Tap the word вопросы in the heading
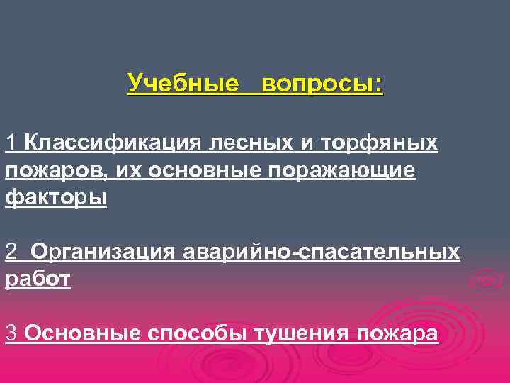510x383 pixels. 322,84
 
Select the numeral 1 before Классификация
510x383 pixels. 11,143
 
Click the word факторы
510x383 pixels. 56,196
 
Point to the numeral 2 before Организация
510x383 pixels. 11,251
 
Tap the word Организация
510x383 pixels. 103,252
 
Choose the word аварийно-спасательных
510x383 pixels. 321,251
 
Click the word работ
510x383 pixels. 38,278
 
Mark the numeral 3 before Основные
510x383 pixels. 11,332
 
